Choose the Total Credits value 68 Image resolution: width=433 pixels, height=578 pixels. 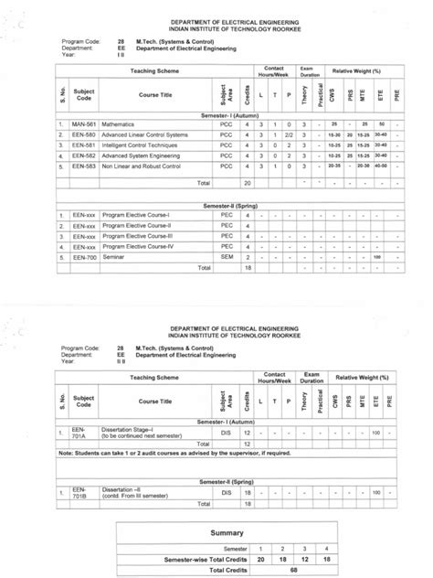click(293, 569)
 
